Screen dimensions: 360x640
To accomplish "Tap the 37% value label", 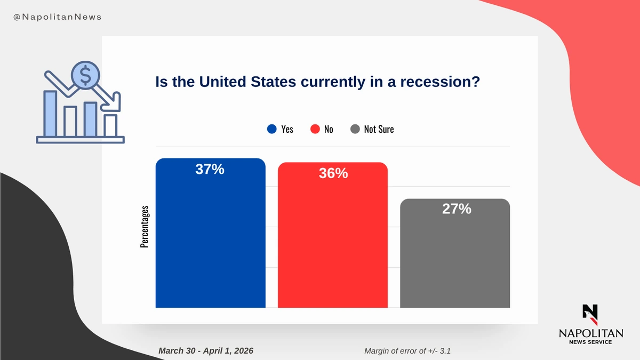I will [x=210, y=170].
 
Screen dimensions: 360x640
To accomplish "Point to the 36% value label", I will [x=333, y=174].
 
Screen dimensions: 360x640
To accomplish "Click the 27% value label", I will [x=457, y=209].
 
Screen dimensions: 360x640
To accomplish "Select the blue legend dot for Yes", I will [x=272, y=129].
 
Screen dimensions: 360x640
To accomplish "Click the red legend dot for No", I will [x=315, y=129].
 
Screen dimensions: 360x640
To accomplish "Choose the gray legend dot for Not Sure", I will [x=355, y=129].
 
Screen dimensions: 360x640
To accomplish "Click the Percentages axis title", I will [x=145, y=226].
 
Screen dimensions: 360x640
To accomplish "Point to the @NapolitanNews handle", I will [x=57, y=17].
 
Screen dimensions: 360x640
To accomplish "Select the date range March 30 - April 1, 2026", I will [x=206, y=350].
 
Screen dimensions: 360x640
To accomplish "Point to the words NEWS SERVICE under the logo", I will [x=590, y=342].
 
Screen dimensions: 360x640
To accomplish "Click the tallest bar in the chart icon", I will [x=50, y=113].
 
